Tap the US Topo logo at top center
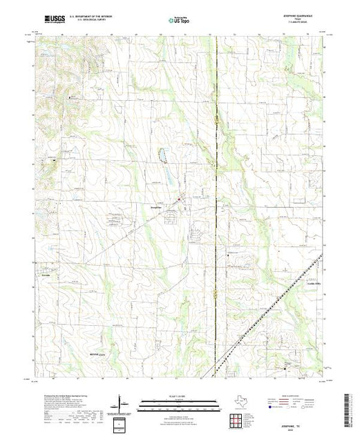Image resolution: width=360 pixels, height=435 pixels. pyautogui.click(x=179, y=21)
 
